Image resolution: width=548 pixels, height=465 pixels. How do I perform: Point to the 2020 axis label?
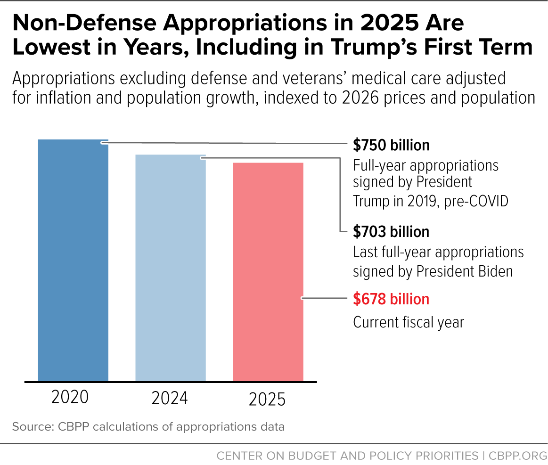click(70, 397)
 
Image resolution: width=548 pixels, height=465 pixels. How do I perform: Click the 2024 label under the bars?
click(170, 399)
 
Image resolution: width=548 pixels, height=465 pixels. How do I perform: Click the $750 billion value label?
click(391, 145)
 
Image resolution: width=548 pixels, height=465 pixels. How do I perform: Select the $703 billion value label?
click(391, 232)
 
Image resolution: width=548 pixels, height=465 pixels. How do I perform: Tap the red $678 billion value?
click(391, 299)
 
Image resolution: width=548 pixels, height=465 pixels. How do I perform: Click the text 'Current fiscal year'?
click(409, 322)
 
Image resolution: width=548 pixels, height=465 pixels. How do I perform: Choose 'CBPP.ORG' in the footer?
click(517, 456)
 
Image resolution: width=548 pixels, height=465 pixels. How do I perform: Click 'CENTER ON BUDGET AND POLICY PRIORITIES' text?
click(347, 456)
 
